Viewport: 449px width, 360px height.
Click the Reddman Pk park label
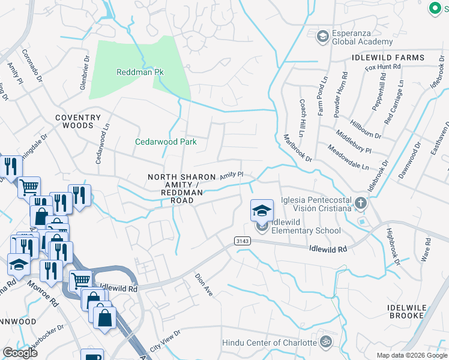tap(140, 72)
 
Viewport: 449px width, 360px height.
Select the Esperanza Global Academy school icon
tap(323, 36)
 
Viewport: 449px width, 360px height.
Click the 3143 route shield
tap(241, 241)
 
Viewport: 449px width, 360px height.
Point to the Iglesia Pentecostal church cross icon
tap(360, 203)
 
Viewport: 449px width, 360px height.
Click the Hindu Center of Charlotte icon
tap(325, 343)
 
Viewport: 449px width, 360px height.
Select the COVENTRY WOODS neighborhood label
tap(74, 122)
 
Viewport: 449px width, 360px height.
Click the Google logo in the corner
tap(20, 352)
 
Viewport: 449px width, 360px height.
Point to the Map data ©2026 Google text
tap(411, 355)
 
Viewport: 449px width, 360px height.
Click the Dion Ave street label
tap(204, 284)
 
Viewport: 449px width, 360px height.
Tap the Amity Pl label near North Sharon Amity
tap(231, 175)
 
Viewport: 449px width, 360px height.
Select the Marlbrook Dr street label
tap(298, 147)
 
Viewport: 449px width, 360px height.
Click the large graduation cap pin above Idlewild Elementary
tap(262, 210)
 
